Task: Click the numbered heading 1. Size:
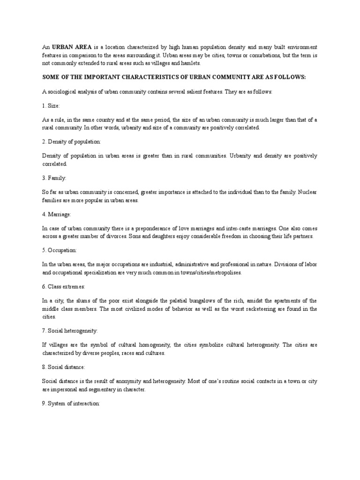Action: click(x=51, y=106)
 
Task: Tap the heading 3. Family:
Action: click(x=54, y=178)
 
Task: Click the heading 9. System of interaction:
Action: click(x=71, y=403)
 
